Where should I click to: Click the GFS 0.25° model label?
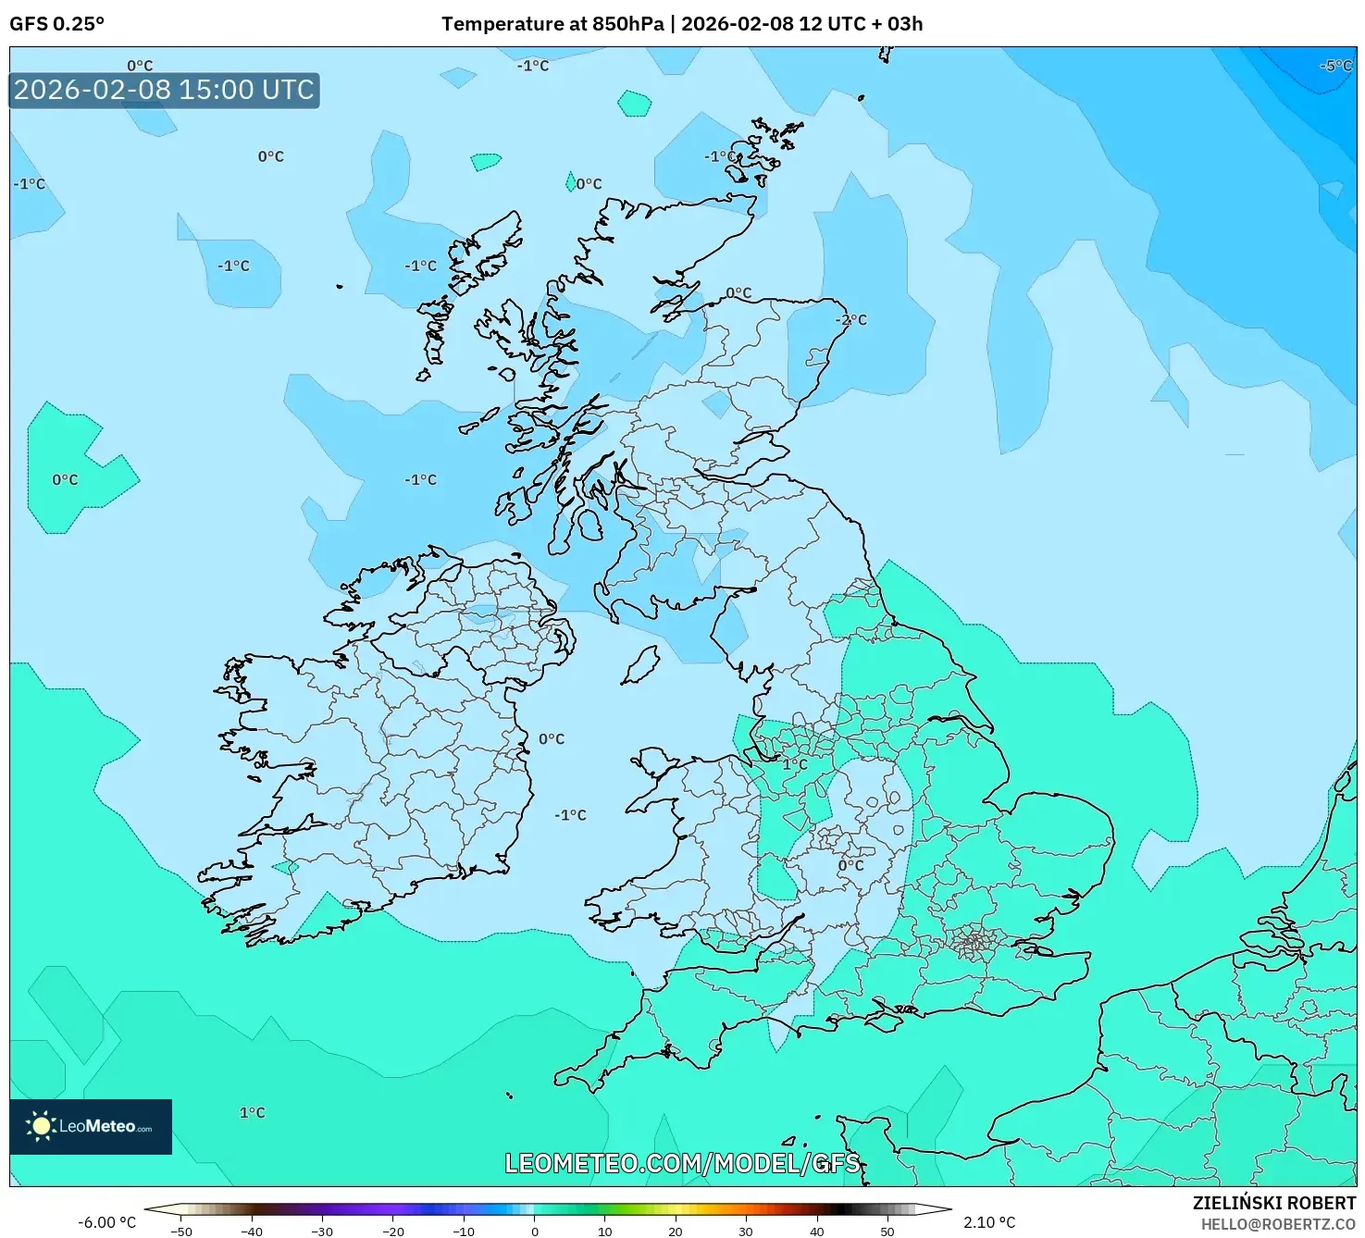(56, 24)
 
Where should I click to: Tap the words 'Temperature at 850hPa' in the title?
(552, 24)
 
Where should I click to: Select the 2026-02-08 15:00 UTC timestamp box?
(164, 90)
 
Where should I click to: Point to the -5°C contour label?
(1336, 66)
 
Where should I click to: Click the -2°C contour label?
(851, 320)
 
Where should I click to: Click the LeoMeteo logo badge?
(91, 1126)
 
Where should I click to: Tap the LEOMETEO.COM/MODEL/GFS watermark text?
(682, 1163)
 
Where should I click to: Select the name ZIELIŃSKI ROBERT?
(1274, 1203)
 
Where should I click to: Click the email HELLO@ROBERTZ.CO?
(1278, 1224)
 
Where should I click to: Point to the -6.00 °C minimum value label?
(106, 1222)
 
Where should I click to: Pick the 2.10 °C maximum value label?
(989, 1222)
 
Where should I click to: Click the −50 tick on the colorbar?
(181, 1232)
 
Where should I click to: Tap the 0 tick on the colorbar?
(534, 1232)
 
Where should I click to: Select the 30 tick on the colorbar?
(746, 1232)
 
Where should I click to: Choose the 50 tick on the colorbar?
(887, 1232)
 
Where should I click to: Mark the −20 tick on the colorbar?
(392, 1232)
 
